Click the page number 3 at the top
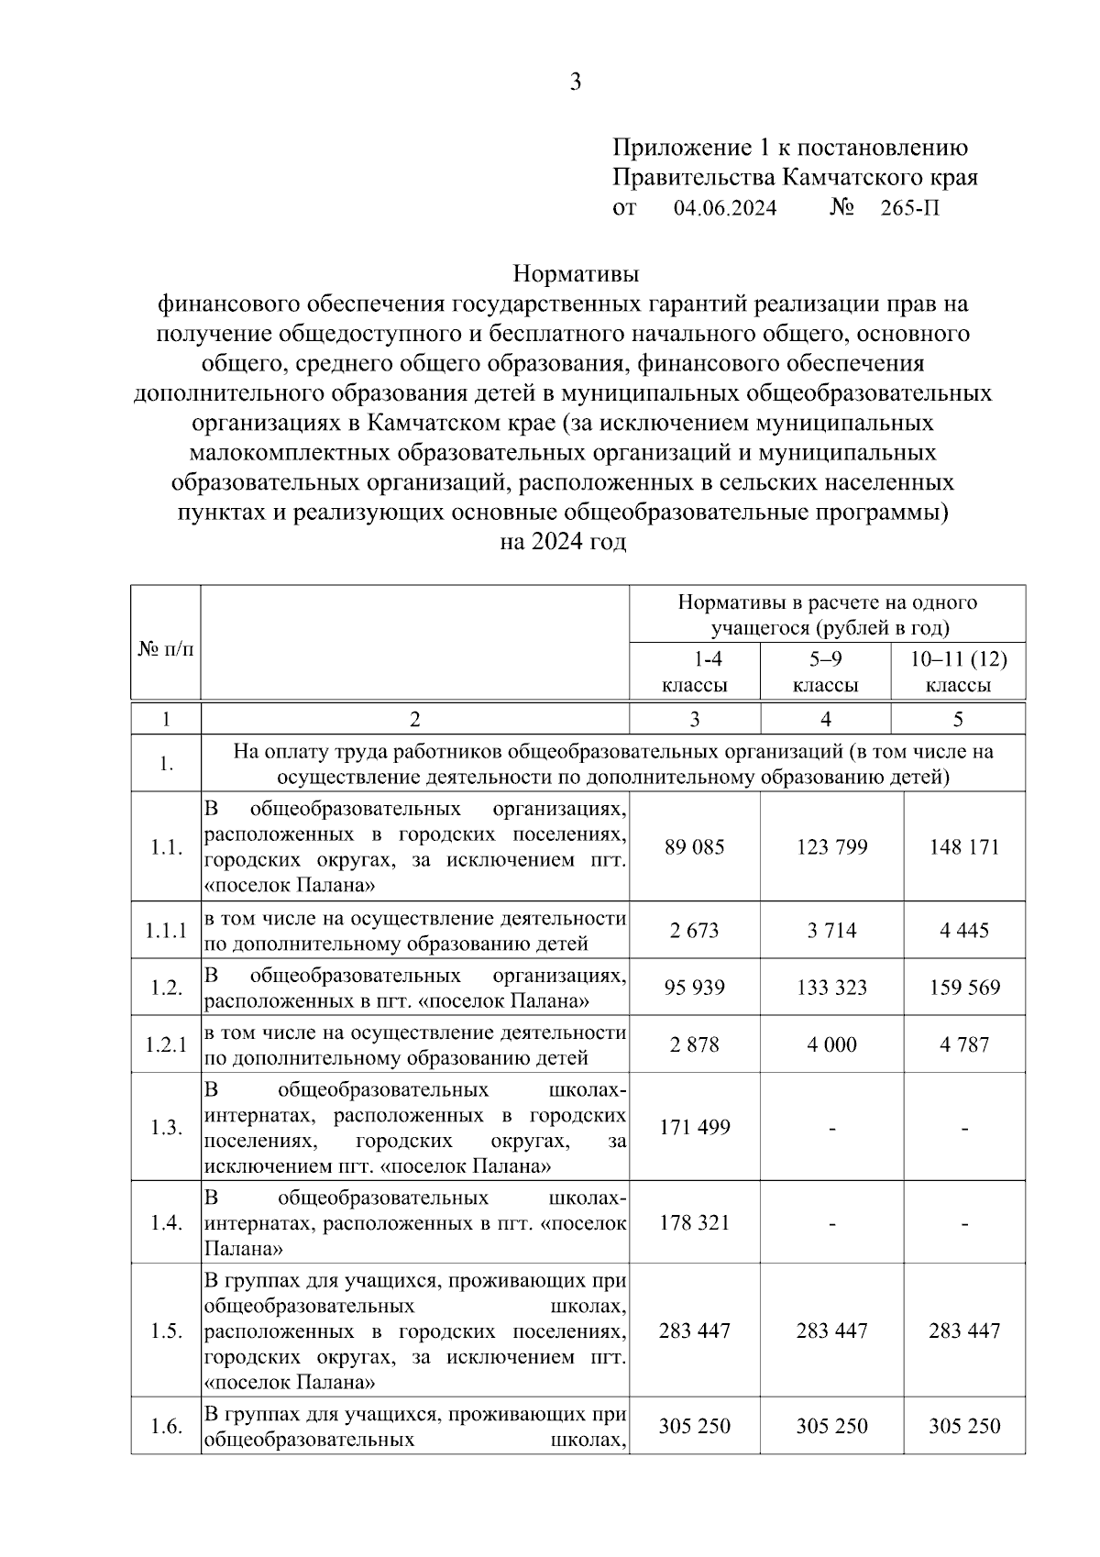(x=575, y=82)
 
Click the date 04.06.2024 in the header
(x=724, y=208)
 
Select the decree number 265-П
(x=909, y=208)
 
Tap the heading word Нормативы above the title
(x=575, y=274)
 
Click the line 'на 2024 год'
(x=563, y=542)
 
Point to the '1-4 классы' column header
(x=695, y=671)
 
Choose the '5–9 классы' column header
(x=825, y=671)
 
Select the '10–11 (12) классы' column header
(x=958, y=671)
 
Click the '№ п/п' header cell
(x=166, y=649)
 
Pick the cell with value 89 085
(x=695, y=846)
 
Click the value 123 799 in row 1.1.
(x=831, y=846)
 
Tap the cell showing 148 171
(x=964, y=846)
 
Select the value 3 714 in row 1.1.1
(x=831, y=931)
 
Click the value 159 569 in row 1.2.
(x=964, y=988)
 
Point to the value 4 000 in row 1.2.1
(x=831, y=1044)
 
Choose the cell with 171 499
(x=695, y=1127)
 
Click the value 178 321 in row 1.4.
(x=695, y=1222)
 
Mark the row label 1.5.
(x=166, y=1331)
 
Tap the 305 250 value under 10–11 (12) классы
(x=964, y=1426)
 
